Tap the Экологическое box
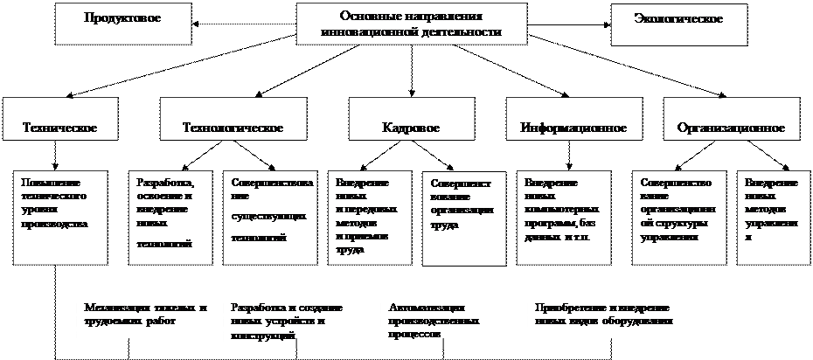(x=679, y=22)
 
